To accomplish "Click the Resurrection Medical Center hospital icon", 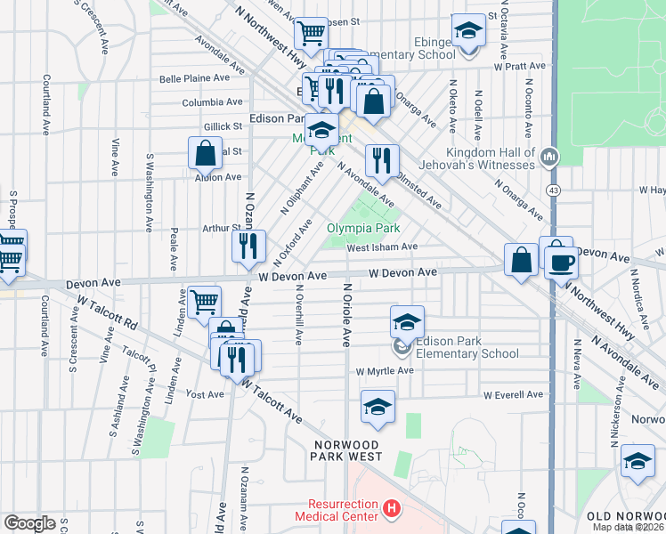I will [x=390, y=510].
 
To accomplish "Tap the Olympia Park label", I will [x=362, y=228].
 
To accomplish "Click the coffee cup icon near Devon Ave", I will [x=562, y=262].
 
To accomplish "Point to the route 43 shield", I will [x=554, y=191].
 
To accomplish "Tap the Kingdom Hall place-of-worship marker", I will [x=548, y=158].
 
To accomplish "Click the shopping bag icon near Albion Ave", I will [x=205, y=153].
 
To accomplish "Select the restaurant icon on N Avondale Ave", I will [x=381, y=161].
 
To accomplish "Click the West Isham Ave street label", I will [x=382, y=247].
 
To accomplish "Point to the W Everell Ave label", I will [x=513, y=394].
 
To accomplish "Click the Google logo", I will [x=29, y=523].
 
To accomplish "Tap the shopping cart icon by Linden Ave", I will [x=205, y=302].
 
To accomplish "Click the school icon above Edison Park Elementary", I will [x=407, y=321].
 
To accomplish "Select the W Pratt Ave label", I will [x=517, y=66].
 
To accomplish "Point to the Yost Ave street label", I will [x=205, y=392].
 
